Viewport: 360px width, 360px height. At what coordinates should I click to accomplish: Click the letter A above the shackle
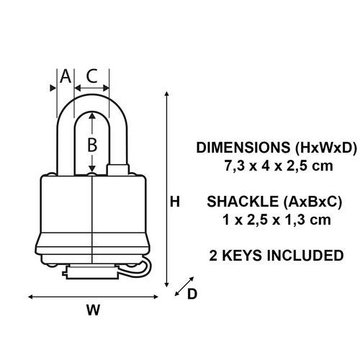tap(66, 76)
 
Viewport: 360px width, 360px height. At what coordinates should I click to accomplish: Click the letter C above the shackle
tap(91, 76)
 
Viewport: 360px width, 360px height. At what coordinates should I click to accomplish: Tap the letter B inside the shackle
tap(92, 145)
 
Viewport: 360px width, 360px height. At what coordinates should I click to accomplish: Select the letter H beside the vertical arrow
tap(175, 202)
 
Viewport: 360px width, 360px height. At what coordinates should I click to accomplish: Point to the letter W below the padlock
tap(93, 310)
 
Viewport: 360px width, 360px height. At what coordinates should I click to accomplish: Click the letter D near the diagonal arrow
tap(192, 294)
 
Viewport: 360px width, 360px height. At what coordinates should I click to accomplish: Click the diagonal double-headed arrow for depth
tap(184, 287)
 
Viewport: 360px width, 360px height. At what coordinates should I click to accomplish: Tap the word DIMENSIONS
tap(243, 148)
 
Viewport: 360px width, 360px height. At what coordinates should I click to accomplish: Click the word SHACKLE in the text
tap(243, 202)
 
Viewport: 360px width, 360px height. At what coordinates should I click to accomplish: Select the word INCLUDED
tap(305, 255)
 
